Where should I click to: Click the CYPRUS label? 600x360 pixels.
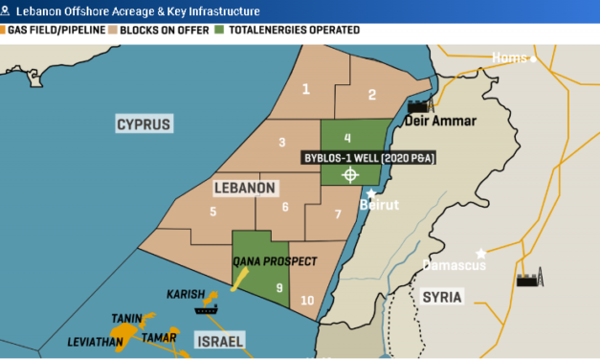143,124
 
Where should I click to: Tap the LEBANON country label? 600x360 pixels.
244,187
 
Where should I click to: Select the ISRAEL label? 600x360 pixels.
219,341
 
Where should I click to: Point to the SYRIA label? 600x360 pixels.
442,297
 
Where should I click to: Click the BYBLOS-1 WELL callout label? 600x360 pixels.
368,158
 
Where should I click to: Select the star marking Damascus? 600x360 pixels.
481,254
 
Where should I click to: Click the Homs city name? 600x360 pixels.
507,58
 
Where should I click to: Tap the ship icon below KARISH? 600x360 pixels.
206,309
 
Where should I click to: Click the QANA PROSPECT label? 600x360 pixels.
275,260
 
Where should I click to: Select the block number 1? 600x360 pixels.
306,89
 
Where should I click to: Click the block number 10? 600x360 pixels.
306,301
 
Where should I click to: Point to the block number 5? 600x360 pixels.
212,212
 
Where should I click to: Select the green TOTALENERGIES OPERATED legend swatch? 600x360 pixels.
219,31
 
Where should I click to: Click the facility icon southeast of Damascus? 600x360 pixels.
526,279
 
